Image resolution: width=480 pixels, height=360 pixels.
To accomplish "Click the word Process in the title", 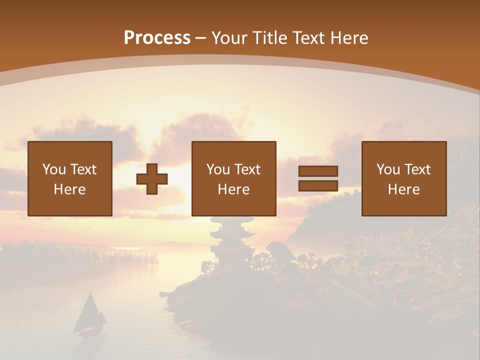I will [x=157, y=38].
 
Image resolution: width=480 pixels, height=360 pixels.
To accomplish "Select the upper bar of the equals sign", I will [x=318, y=171].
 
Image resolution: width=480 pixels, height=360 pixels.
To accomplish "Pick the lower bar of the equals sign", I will [x=318, y=186].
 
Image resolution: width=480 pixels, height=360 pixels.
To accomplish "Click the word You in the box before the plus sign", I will [x=53, y=169].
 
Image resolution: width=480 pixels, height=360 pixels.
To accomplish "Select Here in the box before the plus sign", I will [x=69, y=189].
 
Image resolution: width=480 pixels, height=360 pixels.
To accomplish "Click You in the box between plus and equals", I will [x=218, y=169].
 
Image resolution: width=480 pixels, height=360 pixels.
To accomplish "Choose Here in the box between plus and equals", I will [x=233, y=189].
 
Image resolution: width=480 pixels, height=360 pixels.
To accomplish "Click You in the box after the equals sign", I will [x=388, y=169].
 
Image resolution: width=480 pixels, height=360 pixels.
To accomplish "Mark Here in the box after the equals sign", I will [x=403, y=189].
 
